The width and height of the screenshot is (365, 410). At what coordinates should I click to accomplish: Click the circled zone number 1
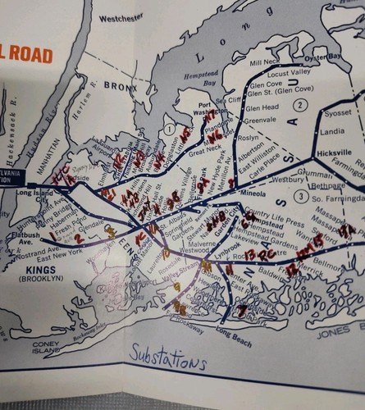[x=167, y=129]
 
